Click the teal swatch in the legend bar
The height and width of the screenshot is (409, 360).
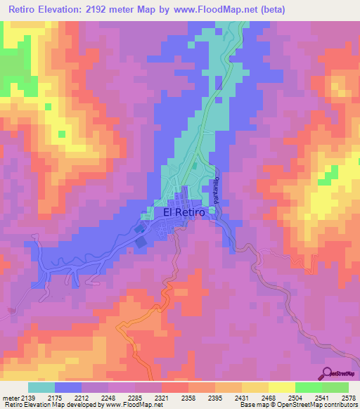pyautogui.click(x=41, y=387)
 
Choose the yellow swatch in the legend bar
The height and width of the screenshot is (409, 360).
pyautogui.click(x=281, y=387)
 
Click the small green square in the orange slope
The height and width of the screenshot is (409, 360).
pyautogui.click(x=49, y=107)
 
